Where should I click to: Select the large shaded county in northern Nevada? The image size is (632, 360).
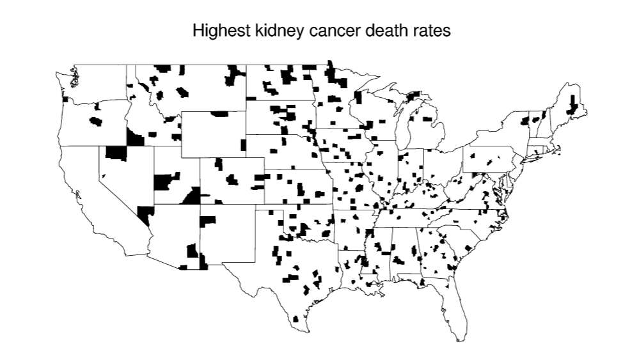116,153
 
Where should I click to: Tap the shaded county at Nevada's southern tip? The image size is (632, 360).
146,214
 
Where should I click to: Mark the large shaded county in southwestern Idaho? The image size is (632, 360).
134,137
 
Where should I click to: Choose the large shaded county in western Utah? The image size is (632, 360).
164,182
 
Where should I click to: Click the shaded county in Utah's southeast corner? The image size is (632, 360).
191,196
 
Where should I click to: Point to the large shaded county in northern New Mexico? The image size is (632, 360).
209,221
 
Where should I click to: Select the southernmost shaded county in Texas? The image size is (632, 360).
295,318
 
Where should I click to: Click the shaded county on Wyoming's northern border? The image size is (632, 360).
219,114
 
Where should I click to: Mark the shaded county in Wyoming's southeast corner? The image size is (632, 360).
243,145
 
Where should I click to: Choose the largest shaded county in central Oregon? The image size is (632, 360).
96,121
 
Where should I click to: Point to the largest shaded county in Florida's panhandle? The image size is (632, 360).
423,282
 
